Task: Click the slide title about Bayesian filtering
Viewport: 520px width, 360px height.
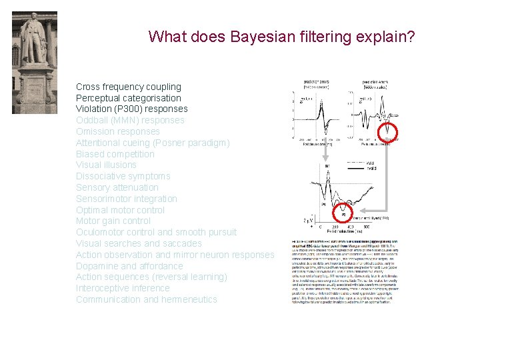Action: click(281, 36)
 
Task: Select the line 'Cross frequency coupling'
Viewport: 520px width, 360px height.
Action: click(128, 87)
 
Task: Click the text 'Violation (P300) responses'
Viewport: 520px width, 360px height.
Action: click(131, 109)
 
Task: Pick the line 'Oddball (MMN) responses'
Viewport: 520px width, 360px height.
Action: click(130, 120)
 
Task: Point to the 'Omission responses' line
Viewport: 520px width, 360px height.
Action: click(117, 131)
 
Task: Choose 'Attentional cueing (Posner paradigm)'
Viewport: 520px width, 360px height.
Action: click(153, 143)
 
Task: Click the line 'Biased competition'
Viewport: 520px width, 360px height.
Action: click(115, 154)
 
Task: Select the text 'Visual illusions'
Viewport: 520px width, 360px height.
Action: click(106, 165)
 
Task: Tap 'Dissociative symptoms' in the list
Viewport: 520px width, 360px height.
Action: click(123, 176)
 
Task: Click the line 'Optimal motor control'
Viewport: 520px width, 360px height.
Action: click(120, 210)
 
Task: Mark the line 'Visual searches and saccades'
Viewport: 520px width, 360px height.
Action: click(139, 243)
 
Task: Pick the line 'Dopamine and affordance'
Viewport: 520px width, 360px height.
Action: click(129, 266)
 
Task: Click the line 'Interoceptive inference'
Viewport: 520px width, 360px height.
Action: click(123, 288)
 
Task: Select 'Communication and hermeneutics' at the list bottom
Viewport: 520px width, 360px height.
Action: click(146, 299)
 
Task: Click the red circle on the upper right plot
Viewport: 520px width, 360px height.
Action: click(387, 133)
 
